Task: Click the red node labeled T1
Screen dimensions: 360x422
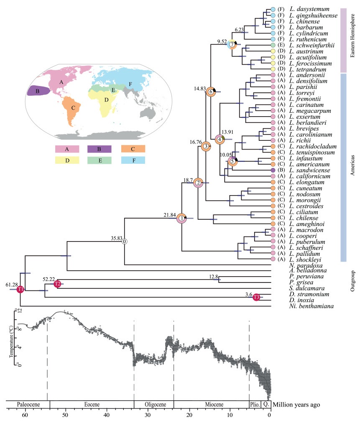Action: [x=20, y=289]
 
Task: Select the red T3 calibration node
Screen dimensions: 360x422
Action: [x=256, y=297]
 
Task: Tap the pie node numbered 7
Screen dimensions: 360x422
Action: [x=232, y=44]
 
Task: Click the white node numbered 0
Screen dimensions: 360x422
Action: [x=125, y=242]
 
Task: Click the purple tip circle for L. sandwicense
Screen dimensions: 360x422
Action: [x=273, y=170]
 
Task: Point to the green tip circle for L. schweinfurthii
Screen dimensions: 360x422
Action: [x=273, y=45]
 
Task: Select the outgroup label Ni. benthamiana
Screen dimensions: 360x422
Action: [x=311, y=306]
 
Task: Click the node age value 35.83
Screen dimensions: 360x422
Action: [x=117, y=238]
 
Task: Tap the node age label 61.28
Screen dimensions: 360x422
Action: [x=12, y=285]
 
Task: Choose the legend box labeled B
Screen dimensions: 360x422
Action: [x=100, y=149]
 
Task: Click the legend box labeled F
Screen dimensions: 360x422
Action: [x=133, y=160]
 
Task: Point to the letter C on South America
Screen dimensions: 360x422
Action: [x=73, y=108]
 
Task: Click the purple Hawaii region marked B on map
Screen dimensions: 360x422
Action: [x=38, y=91]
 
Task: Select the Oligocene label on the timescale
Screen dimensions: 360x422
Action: [x=156, y=404]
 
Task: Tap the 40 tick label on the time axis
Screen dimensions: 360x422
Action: [x=106, y=415]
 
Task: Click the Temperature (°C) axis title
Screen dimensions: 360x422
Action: [x=11, y=341]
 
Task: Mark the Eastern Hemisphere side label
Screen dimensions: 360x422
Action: [x=352, y=36]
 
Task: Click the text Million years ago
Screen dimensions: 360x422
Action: [x=296, y=404]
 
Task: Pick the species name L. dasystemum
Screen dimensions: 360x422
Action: [x=309, y=9]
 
